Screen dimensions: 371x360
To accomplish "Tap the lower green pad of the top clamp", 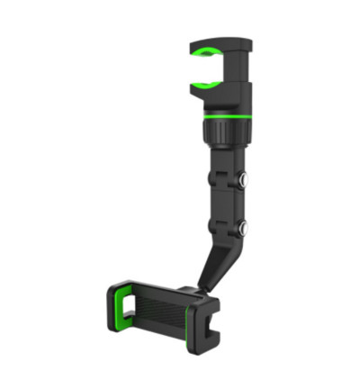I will point(204,86).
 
